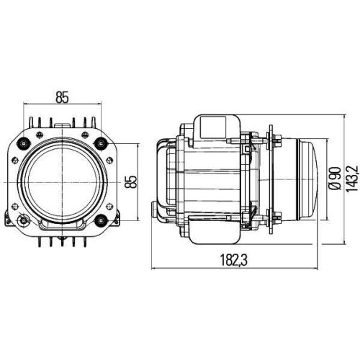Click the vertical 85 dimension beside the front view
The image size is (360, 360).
pos(131,181)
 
